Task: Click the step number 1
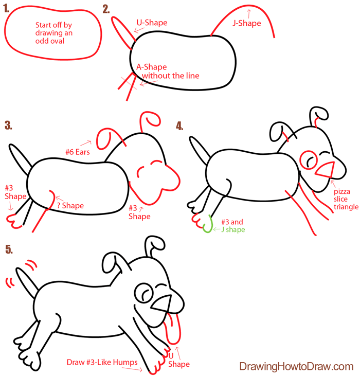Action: click(x=6, y=9)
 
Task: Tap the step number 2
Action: click(x=106, y=9)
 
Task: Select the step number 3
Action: click(x=8, y=126)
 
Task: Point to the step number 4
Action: click(x=179, y=126)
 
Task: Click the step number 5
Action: click(x=9, y=249)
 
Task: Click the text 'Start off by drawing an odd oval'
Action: click(x=53, y=33)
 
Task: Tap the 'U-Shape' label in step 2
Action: click(x=152, y=23)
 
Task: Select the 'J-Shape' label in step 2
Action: click(x=247, y=23)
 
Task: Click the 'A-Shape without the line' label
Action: click(x=168, y=71)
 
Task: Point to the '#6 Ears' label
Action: click(x=78, y=152)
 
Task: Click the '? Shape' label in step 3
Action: click(x=70, y=206)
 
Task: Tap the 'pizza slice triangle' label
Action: click(x=346, y=199)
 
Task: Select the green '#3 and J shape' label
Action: click(x=233, y=226)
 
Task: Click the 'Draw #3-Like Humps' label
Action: click(x=102, y=362)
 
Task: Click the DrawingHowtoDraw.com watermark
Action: click(x=296, y=366)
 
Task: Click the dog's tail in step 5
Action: click(x=27, y=282)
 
